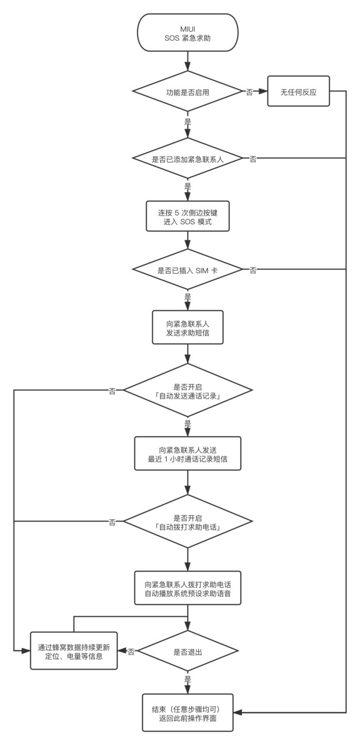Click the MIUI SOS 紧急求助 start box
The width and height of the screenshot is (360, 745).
(188, 33)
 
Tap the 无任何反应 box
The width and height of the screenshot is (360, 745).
(299, 91)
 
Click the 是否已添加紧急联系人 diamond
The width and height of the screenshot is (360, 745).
(188, 158)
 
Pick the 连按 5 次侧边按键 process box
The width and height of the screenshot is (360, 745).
(188, 216)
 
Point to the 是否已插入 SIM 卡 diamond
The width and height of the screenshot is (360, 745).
(188, 269)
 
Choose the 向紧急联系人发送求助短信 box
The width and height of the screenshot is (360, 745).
(188, 327)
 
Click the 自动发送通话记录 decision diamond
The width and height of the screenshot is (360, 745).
(188, 390)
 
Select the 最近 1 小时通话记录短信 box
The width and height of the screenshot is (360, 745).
(188, 453)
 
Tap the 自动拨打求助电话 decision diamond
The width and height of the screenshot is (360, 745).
(188, 521)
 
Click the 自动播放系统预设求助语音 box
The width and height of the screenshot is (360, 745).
(188, 588)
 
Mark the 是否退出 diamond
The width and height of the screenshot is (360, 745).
(188, 651)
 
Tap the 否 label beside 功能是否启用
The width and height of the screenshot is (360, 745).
(249, 92)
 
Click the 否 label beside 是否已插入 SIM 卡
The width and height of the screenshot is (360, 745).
(253, 270)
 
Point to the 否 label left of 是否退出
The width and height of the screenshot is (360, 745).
(131, 652)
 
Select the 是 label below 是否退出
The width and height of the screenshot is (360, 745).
(188, 679)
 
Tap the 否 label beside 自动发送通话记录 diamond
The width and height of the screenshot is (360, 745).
(112, 392)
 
